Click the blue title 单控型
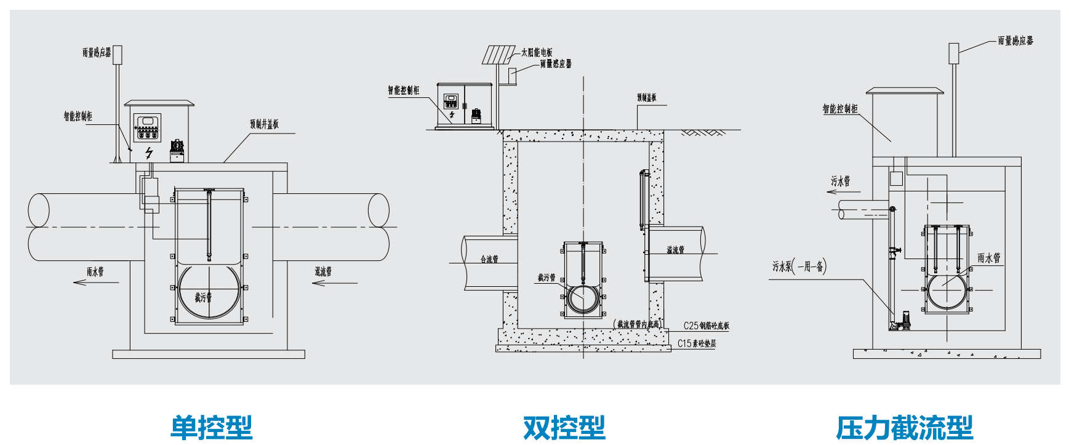pyautogui.click(x=211, y=427)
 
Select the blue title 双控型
pyautogui.click(x=564, y=427)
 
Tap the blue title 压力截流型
pyautogui.click(x=904, y=427)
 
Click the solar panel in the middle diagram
pyautogui.click(x=498, y=55)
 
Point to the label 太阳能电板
pyautogui.click(x=537, y=52)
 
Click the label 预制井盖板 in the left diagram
pyautogui.click(x=264, y=124)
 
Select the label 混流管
pyautogui.click(x=323, y=271)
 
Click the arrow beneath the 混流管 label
pyautogui.click(x=334, y=283)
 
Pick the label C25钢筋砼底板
pyautogui.click(x=706, y=326)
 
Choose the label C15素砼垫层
pyautogui.click(x=697, y=343)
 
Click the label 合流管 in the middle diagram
pyautogui.click(x=489, y=259)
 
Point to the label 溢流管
pyautogui.click(x=675, y=249)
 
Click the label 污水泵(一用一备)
pyautogui.click(x=799, y=266)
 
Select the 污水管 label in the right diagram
pyautogui.click(x=840, y=180)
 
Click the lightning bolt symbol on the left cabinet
pyautogui.click(x=148, y=153)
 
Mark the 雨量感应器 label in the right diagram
pyautogui.click(x=1015, y=41)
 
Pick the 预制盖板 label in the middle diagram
pyautogui.click(x=646, y=97)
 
